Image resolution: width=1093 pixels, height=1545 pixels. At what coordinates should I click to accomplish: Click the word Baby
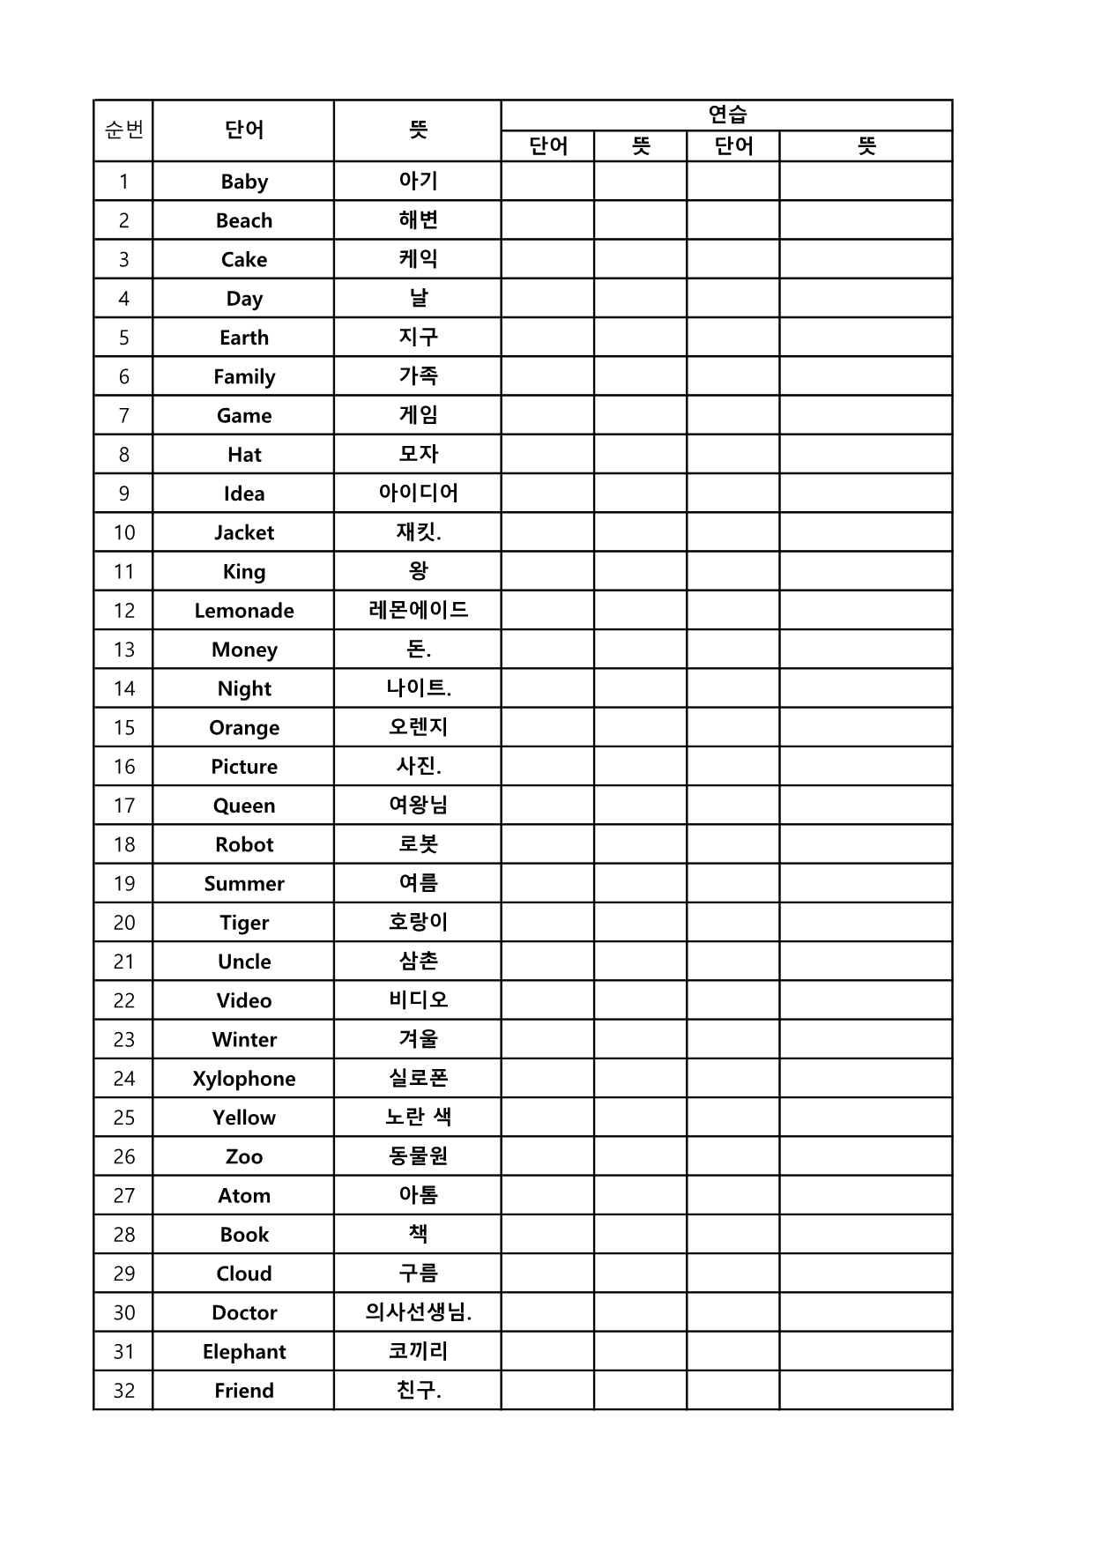[244, 182]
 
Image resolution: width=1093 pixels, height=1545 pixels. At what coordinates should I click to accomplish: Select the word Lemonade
[244, 611]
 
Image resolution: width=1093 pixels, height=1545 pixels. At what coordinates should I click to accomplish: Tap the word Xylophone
[244, 1079]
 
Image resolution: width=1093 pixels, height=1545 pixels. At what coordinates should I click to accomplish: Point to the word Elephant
[244, 1352]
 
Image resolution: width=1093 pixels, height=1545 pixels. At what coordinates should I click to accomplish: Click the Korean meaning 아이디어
[418, 493]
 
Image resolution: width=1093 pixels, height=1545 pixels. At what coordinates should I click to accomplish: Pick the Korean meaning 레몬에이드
[418, 610]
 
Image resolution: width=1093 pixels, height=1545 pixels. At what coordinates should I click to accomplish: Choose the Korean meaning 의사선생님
[418, 1312]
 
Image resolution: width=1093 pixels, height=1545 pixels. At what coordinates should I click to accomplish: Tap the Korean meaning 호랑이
[418, 922]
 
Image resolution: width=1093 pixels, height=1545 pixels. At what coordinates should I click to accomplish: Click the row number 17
[124, 806]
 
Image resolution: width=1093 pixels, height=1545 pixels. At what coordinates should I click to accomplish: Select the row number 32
[124, 1391]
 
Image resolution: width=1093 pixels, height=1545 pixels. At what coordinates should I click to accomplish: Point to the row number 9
[124, 494]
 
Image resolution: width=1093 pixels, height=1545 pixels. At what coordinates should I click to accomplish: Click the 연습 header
[727, 115]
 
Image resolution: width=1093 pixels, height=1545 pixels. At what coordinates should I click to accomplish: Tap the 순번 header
[124, 130]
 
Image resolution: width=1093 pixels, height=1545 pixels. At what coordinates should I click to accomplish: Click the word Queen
[244, 806]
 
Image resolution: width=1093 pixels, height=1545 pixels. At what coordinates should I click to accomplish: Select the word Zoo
[244, 1156]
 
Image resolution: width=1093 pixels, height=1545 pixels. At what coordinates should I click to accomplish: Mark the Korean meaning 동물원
[418, 1155]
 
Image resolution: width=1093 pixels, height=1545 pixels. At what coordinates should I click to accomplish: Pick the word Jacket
[244, 532]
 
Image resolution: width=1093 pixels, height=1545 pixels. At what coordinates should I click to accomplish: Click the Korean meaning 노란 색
[418, 1117]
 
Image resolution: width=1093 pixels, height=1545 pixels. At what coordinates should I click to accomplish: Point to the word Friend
[244, 1391]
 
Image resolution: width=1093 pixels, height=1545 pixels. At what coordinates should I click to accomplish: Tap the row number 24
[124, 1079]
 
